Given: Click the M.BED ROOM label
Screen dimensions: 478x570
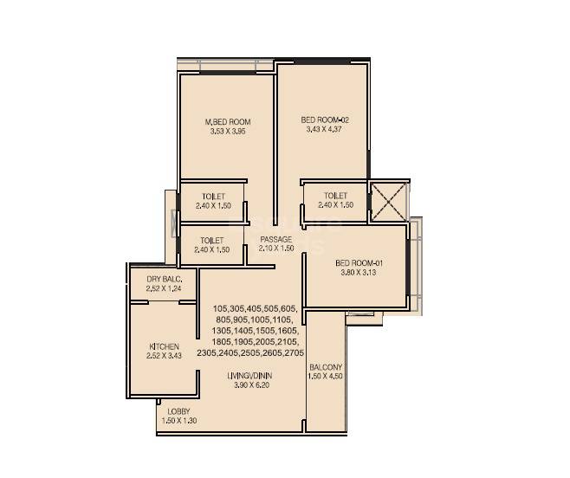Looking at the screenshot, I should (x=227, y=122).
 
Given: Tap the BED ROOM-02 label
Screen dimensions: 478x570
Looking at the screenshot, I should (x=324, y=119).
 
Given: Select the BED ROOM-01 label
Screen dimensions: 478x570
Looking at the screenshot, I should (x=353, y=262).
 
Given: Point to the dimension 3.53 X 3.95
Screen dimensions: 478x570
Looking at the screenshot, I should (x=227, y=132).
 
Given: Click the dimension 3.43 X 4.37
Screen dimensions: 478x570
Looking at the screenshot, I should (x=324, y=130).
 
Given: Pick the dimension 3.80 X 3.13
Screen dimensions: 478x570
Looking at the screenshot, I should (x=353, y=273).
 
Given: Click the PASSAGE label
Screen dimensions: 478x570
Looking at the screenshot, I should (x=276, y=239).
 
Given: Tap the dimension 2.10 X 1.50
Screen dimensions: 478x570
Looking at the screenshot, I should (x=276, y=249).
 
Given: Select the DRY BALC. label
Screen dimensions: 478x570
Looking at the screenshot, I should (x=163, y=279).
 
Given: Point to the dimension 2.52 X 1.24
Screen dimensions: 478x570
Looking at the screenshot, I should (x=163, y=288).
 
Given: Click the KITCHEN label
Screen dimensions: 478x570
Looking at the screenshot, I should (x=164, y=346).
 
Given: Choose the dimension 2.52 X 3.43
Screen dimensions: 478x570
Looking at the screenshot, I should (x=164, y=356).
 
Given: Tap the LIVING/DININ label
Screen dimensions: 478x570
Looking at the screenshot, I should (x=251, y=376).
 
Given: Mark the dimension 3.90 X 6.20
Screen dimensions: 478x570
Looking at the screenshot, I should (x=251, y=385).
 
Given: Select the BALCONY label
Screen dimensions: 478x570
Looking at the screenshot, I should (x=326, y=367).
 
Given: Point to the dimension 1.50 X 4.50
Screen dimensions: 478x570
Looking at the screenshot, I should (x=326, y=377).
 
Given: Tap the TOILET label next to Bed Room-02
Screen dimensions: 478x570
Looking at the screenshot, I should (x=335, y=196).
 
